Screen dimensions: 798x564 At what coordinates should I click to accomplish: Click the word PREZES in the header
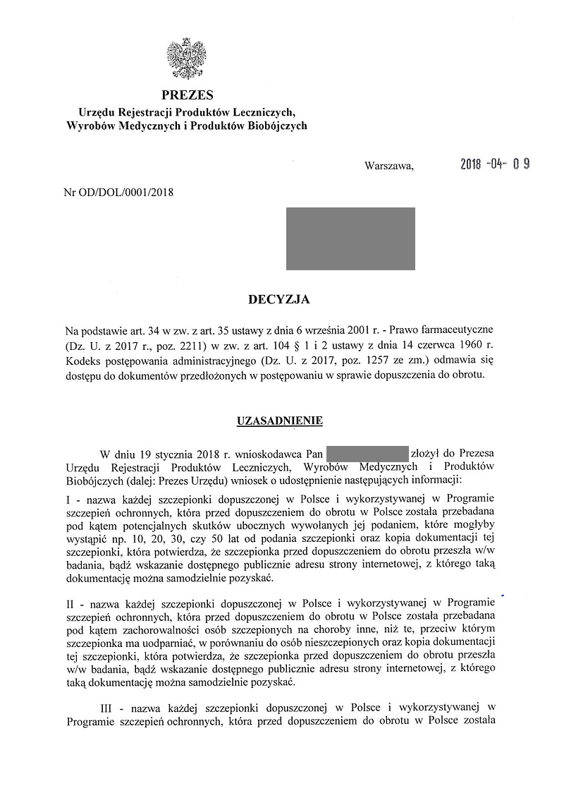187,95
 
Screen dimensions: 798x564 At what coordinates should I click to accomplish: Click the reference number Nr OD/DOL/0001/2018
118,191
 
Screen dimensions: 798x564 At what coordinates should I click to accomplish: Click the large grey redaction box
350,238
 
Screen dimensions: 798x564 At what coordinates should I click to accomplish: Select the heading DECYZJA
279,299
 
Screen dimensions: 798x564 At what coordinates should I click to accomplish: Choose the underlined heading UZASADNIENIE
279,421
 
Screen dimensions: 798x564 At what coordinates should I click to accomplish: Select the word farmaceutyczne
458,330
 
